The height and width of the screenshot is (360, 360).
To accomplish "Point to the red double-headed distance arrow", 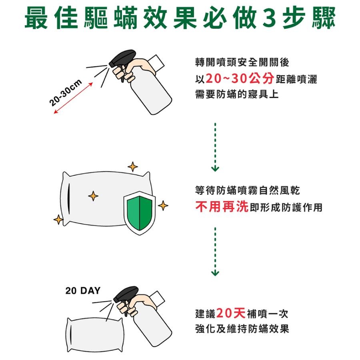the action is point(73,98).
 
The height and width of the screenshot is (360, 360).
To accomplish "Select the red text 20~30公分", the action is point(240,79).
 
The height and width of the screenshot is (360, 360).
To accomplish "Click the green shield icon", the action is point(139,213).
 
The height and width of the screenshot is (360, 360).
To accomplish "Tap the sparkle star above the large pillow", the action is point(133,167).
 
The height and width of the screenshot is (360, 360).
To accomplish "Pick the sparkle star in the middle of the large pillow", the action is point(93,196).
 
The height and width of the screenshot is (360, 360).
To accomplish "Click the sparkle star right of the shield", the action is point(163,206).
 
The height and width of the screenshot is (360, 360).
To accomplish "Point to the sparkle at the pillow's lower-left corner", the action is point(58,220).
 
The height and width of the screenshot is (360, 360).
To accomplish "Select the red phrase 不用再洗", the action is point(222,207).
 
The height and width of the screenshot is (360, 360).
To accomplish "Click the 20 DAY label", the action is point(83,291).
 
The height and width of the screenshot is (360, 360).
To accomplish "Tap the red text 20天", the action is point(231,313).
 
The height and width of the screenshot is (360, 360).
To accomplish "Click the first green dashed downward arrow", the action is point(215,147).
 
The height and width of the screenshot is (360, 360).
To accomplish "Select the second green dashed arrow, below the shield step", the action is point(215,252).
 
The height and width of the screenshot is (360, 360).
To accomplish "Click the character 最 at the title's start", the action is point(36,18).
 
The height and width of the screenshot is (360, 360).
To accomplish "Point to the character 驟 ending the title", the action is point(324,18).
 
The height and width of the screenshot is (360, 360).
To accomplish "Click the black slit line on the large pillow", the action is point(69,199).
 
